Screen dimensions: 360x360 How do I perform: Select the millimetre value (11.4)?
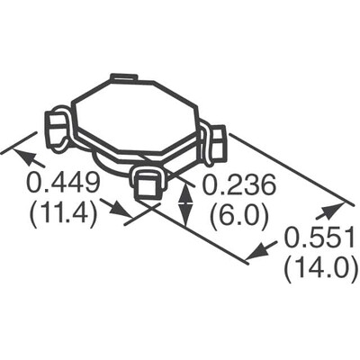[62, 216]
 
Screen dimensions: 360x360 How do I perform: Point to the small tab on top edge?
[123, 78]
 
